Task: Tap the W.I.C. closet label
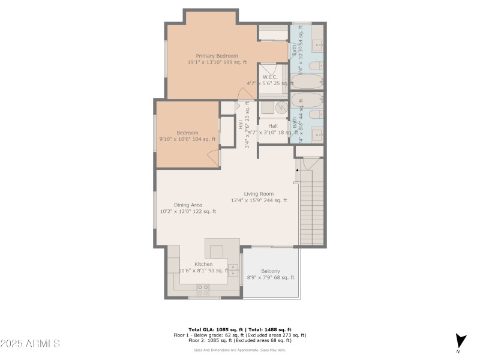tap(269, 77)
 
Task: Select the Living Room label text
tap(259, 194)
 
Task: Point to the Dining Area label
tap(188, 205)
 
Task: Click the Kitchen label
tap(203, 264)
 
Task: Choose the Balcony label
tap(270, 271)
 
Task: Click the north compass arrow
tap(460, 340)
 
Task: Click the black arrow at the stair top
tap(296, 170)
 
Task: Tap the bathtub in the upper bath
tap(306, 81)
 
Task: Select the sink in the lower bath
tap(317, 133)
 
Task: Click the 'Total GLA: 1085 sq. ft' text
tap(214, 330)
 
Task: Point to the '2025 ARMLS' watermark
tap(30, 344)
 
